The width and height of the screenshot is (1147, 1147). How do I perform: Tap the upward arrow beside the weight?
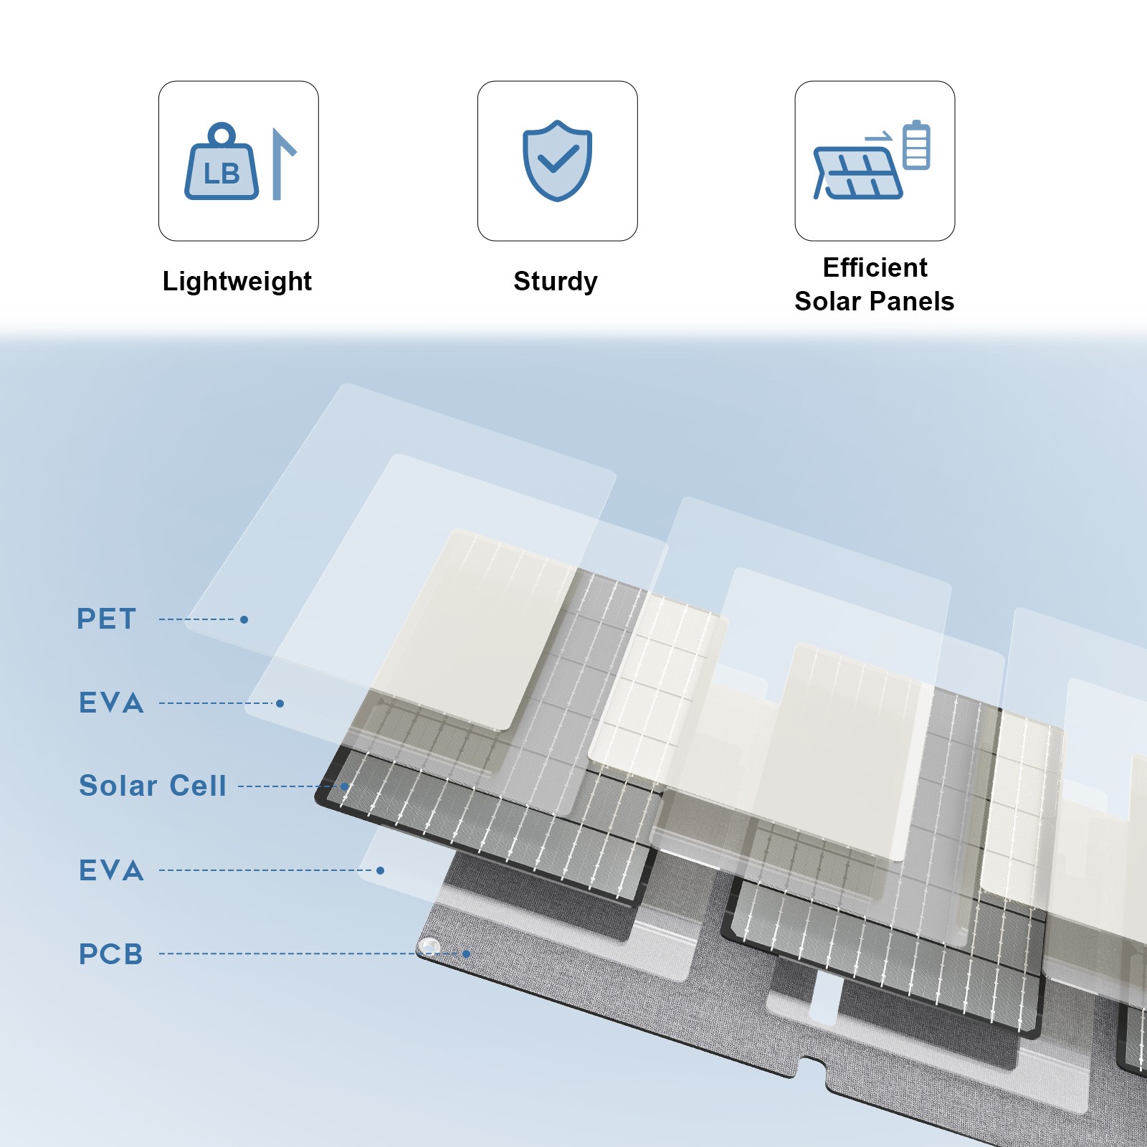coord(282,164)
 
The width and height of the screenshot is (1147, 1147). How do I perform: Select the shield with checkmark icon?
coord(557,161)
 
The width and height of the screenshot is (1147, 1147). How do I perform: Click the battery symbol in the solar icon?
coord(916,145)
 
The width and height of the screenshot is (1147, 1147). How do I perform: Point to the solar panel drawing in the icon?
coord(857,173)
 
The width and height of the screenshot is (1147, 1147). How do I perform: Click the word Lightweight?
coord(237,281)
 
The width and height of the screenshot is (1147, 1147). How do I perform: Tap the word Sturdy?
coord(556,281)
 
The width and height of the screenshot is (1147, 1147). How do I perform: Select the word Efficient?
coord(875,267)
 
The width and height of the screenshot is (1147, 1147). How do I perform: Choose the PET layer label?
coord(106,619)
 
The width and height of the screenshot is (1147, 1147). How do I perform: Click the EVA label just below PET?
coord(111,703)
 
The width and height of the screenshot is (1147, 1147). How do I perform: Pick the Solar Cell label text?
coord(153,786)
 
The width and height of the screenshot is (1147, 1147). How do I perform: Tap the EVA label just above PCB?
coord(111,870)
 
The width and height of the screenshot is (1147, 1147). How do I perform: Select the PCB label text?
coord(111,954)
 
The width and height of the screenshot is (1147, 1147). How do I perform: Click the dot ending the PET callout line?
coord(244,619)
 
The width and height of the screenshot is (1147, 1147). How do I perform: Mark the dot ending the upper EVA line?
coord(280,703)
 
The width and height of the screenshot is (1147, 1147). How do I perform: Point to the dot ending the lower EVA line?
coord(381,870)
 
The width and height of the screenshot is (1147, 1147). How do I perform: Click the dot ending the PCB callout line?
coord(467,954)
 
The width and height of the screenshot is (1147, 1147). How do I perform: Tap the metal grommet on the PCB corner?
coord(429,946)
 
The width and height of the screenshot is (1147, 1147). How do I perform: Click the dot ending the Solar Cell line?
coord(345,786)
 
